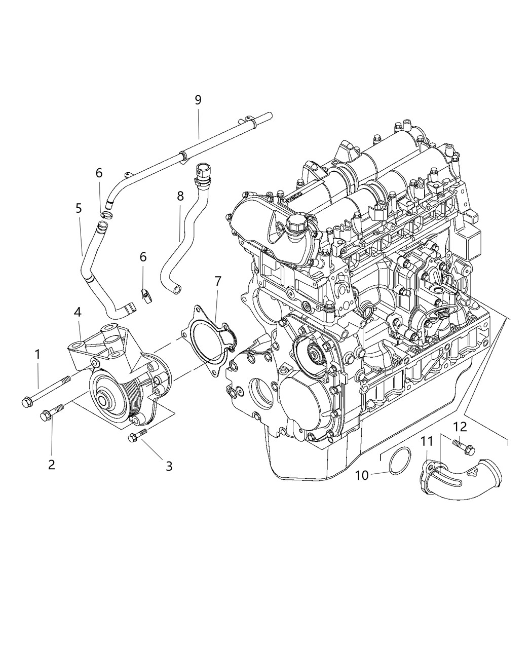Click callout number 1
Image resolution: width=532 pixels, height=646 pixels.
(x=37, y=355)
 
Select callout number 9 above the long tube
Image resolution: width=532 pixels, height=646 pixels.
(x=198, y=100)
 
